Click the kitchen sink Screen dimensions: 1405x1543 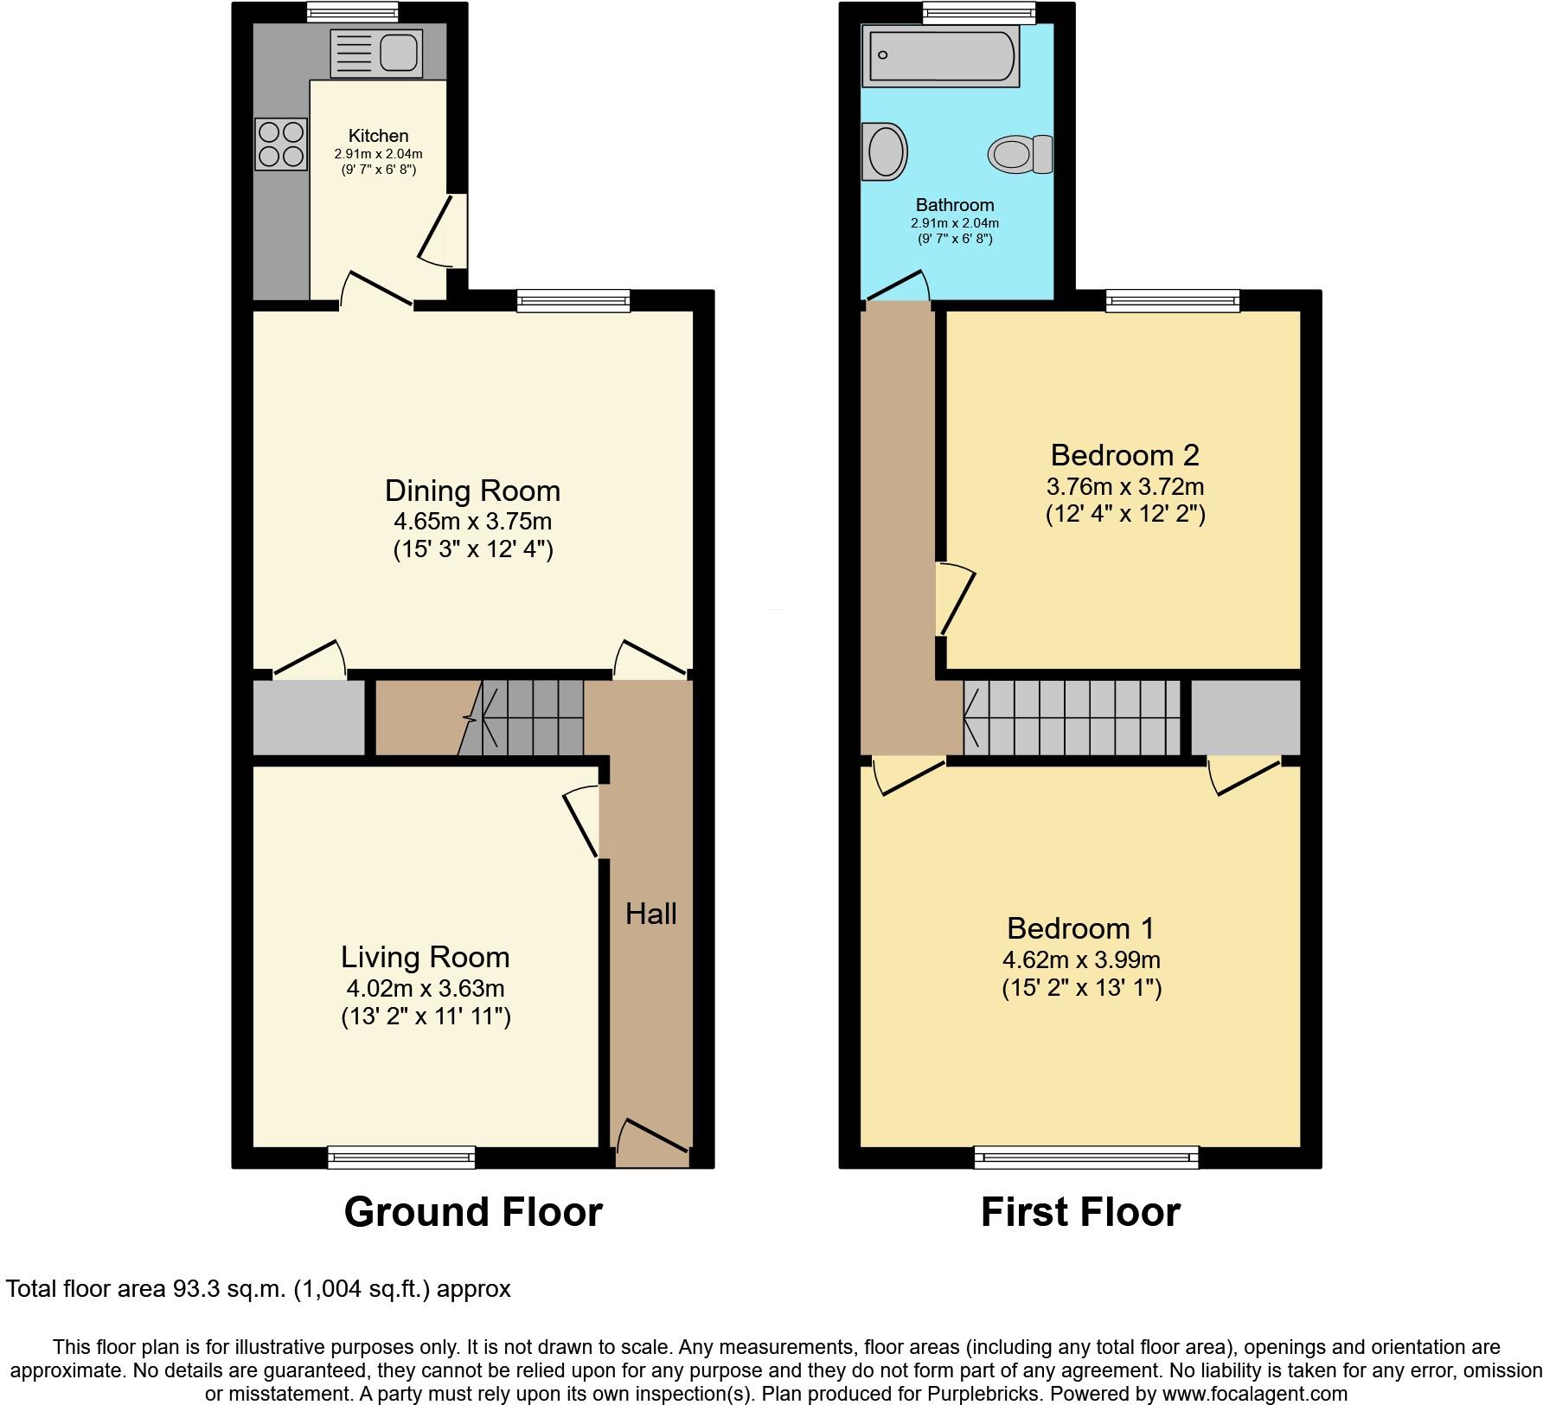pyautogui.click(x=376, y=53)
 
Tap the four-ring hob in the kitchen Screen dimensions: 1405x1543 pyautogui.click(x=281, y=144)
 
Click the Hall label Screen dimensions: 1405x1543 pyautogui.click(x=650, y=914)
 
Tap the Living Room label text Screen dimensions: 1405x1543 pyautogui.click(x=425, y=957)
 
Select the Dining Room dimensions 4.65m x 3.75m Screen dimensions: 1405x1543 pyautogui.click(x=472, y=522)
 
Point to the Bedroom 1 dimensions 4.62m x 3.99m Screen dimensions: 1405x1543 pyautogui.click(x=1081, y=960)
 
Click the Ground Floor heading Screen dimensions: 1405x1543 pyautogui.click(x=473, y=1212)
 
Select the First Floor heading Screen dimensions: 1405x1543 pyautogui.click(x=1079, y=1212)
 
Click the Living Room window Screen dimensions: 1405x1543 pyautogui.click(x=401, y=1157)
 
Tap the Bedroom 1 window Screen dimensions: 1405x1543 pyautogui.click(x=1086, y=1157)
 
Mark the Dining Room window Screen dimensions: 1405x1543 pyautogui.click(x=573, y=300)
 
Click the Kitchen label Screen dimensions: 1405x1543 pyautogui.click(x=378, y=136)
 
